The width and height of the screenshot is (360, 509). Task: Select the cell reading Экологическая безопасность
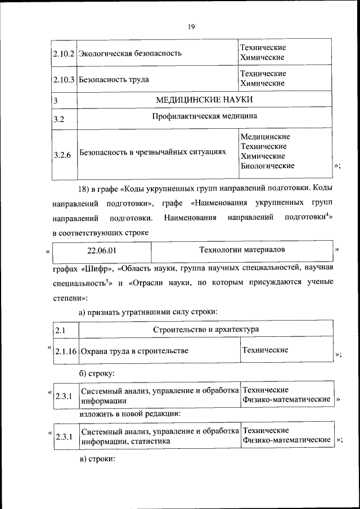130,54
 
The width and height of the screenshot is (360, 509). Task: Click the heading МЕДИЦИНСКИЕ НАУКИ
204,100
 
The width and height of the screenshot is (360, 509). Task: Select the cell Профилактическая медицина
204,117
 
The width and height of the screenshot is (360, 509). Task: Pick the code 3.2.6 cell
61,152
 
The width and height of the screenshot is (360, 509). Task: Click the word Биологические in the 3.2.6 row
267,166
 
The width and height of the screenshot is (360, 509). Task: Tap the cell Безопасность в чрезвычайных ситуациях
152,152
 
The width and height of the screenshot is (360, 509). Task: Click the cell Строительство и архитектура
205,329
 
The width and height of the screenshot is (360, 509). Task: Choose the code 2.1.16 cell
66,352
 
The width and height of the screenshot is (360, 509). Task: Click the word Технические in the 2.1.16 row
265,350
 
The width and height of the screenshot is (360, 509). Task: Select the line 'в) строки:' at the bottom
97,459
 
